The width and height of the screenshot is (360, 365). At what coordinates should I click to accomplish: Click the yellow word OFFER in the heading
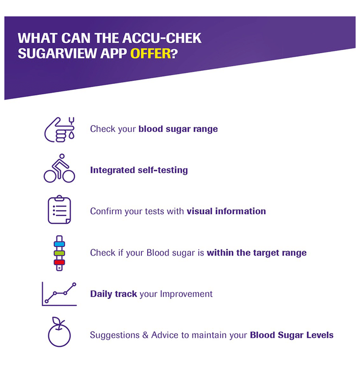tap(150, 54)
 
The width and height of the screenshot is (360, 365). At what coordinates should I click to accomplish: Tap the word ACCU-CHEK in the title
tap(162, 38)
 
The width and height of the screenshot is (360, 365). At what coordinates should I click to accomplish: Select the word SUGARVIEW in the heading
tap(57, 54)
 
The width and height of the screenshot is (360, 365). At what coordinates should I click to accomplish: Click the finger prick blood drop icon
tap(59, 129)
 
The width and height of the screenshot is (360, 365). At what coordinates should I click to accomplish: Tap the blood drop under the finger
tap(71, 135)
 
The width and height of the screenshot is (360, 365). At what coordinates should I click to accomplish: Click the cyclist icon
tap(59, 168)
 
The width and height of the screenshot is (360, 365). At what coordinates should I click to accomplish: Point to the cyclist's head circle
tap(62, 156)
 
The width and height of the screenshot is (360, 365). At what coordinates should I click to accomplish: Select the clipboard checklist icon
tap(59, 210)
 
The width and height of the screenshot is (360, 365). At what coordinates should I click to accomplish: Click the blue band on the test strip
tap(59, 244)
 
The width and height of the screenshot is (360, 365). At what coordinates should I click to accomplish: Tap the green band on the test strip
tap(59, 253)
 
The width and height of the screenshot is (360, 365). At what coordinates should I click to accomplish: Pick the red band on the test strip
tap(59, 262)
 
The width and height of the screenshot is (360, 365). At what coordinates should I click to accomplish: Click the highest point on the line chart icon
tap(74, 284)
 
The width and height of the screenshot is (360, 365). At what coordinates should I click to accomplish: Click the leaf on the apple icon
tap(56, 321)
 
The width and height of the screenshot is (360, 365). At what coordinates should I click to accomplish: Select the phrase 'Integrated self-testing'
tap(139, 170)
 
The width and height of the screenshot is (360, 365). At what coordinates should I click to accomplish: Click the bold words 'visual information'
tap(226, 211)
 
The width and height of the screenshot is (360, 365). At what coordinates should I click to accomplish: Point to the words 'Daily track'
tap(114, 294)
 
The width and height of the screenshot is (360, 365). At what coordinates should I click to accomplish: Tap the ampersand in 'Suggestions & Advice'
tap(145, 335)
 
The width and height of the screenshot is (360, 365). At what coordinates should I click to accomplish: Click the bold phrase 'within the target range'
tap(257, 253)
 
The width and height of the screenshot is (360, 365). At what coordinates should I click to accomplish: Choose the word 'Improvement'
tap(186, 294)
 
